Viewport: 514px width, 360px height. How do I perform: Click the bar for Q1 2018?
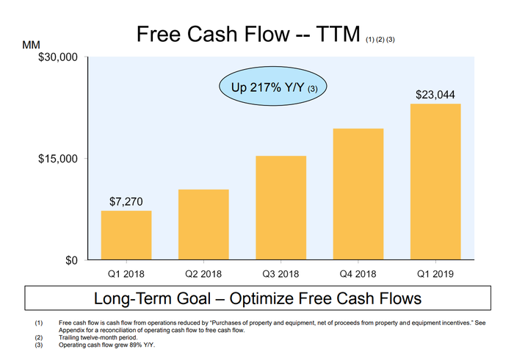(126, 235)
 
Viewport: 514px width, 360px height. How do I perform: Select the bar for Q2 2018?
(203, 225)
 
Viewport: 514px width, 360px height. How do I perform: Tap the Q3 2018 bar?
(280, 208)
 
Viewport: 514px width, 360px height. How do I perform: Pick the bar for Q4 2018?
(358, 194)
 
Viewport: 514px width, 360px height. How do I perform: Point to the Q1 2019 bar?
(435, 181)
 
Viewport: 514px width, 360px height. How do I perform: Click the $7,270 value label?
(126, 201)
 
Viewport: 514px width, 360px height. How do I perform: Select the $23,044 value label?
(435, 94)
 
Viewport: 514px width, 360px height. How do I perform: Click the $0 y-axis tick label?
(70, 261)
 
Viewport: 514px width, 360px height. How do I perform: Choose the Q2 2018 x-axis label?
(203, 274)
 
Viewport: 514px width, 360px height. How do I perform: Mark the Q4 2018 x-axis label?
(358, 274)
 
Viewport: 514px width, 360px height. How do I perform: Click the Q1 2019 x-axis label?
(435, 274)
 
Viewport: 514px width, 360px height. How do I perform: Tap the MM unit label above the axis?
(32, 46)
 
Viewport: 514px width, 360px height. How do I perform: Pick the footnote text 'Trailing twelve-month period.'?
(98, 338)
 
